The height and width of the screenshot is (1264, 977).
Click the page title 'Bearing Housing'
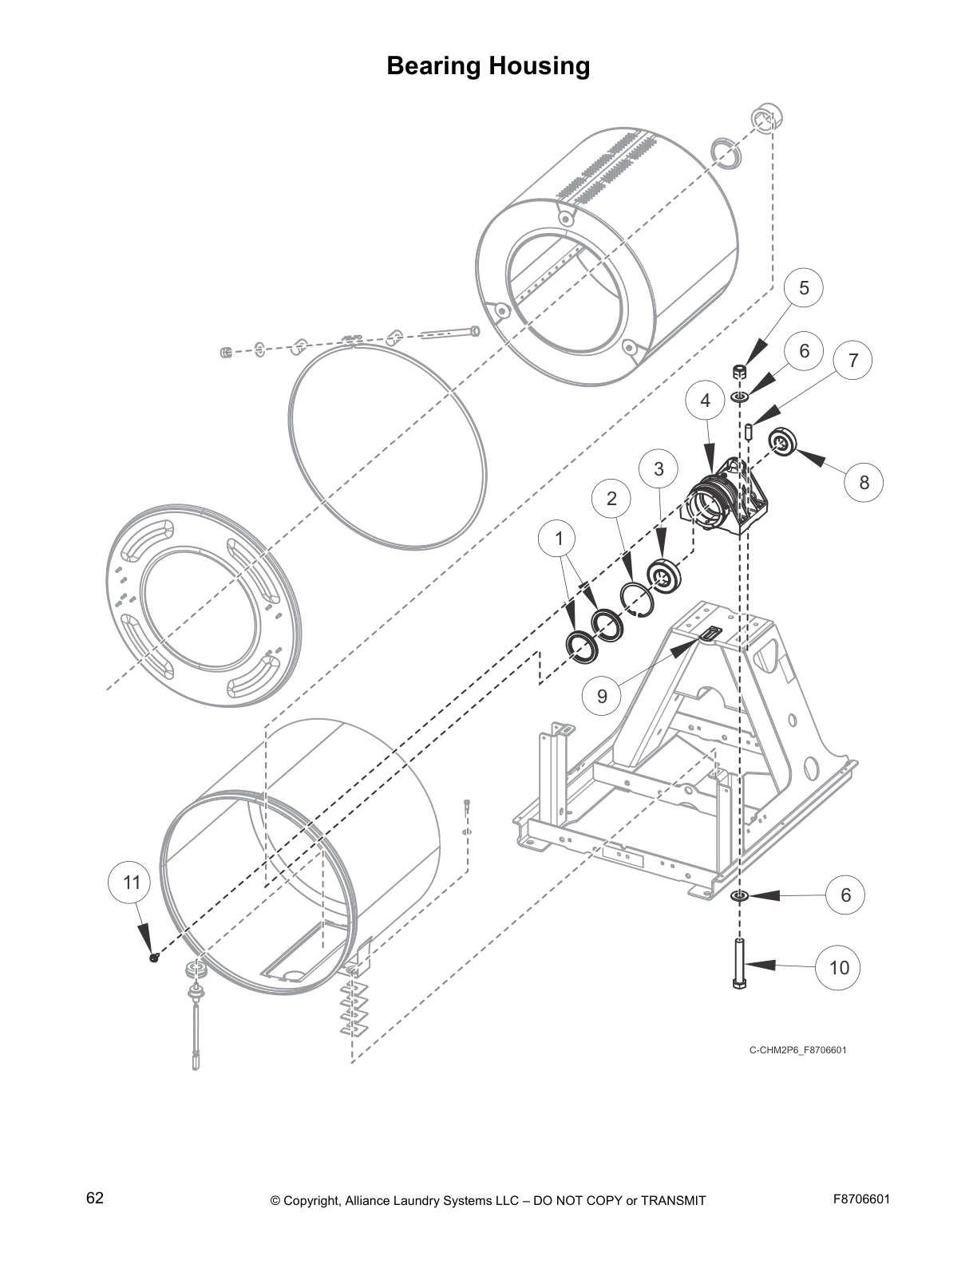tap(488, 65)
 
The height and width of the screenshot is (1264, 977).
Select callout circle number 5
tap(804, 288)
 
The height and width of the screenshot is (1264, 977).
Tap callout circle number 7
tap(852, 361)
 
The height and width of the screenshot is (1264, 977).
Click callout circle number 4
tap(706, 401)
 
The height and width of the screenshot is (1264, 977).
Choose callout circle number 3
tap(659, 469)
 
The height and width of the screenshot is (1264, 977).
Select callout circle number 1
tap(559, 539)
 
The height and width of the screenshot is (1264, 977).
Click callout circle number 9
tap(602, 696)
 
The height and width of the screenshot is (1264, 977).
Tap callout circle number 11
tap(131, 882)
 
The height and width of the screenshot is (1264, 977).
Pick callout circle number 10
tap(838, 968)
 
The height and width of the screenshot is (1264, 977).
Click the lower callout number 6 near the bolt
tap(845, 895)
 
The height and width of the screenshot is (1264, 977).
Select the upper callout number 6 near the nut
tap(804, 350)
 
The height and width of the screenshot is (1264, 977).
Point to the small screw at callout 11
tap(154, 958)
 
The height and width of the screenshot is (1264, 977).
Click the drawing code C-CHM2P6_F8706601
tap(797, 1050)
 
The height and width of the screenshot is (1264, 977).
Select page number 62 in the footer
tap(95, 1199)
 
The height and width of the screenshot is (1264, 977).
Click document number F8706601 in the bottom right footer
tap(860, 1199)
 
